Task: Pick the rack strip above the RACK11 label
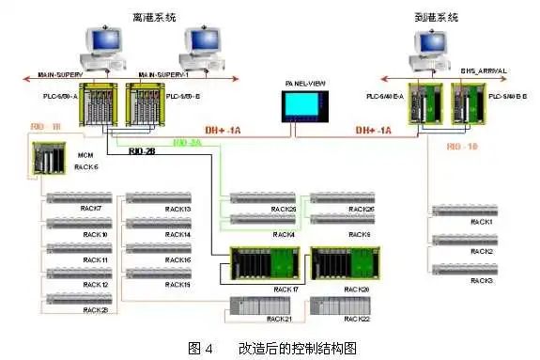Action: point(77,249)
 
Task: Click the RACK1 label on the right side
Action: point(481,222)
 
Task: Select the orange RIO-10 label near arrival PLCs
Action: point(463,147)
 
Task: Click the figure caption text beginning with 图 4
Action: point(272,347)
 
